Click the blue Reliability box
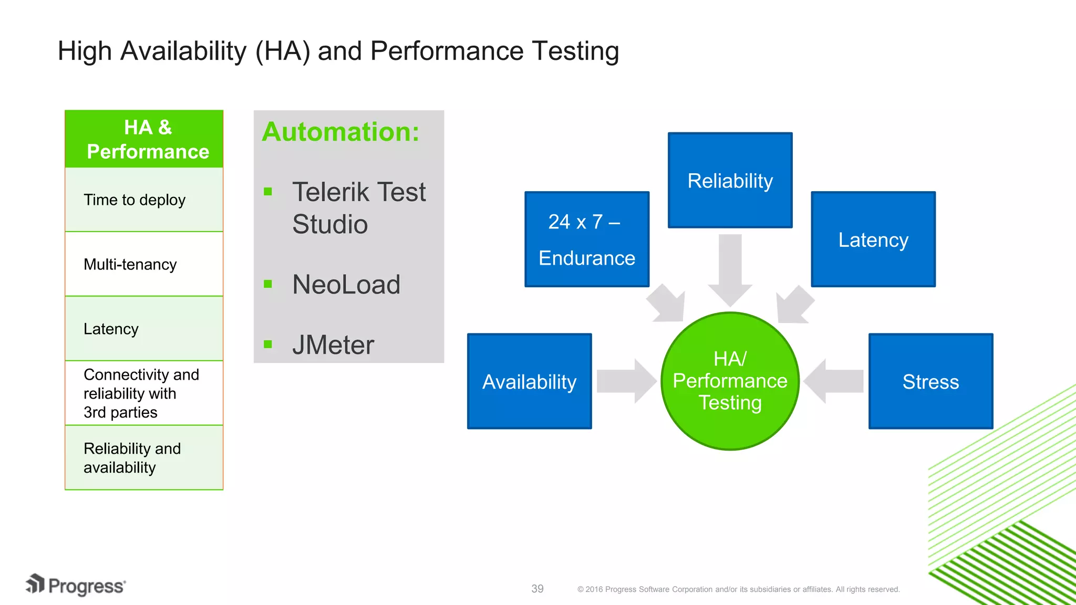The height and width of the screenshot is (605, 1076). pyautogui.click(x=730, y=180)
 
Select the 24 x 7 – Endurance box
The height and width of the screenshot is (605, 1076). pyautogui.click(x=587, y=239)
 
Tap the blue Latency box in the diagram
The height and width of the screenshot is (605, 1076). pyautogui.click(x=873, y=239)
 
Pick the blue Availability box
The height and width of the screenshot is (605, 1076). pyautogui.click(x=529, y=381)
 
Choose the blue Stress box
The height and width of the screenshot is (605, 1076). pyautogui.click(x=930, y=381)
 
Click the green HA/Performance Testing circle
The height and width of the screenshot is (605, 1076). pyautogui.click(x=730, y=381)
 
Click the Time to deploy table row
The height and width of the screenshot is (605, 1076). pyautogui.click(x=144, y=200)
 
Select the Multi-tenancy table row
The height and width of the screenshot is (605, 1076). pyautogui.click(x=144, y=264)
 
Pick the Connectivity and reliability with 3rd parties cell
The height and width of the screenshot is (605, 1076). pyautogui.click(x=144, y=393)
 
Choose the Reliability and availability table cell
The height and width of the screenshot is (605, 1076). pyautogui.click(x=144, y=458)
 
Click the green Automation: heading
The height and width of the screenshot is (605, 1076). pyautogui.click(x=340, y=132)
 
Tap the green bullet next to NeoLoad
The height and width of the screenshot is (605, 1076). pyautogui.click(x=268, y=284)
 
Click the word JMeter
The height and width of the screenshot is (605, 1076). pyautogui.click(x=333, y=345)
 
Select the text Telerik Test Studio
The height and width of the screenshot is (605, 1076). pyautogui.click(x=358, y=208)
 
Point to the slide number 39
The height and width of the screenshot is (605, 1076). pyautogui.click(x=537, y=589)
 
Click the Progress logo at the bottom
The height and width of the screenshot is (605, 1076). pyautogui.click(x=76, y=586)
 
